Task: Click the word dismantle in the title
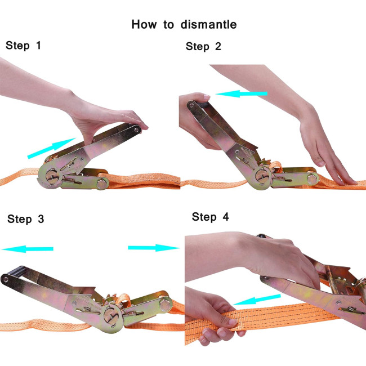(209, 24)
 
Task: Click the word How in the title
(144, 24)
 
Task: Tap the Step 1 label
(23, 45)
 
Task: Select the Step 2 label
(203, 46)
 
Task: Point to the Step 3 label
(26, 219)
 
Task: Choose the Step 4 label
(210, 217)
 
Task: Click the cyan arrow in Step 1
(51, 148)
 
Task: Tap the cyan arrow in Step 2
(241, 93)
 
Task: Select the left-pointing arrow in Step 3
(28, 249)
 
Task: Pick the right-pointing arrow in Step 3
(154, 248)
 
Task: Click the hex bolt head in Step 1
(102, 183)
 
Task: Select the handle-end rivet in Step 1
(136, 129)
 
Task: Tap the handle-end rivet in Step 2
(191, 105)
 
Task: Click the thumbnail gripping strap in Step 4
(233, 322)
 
